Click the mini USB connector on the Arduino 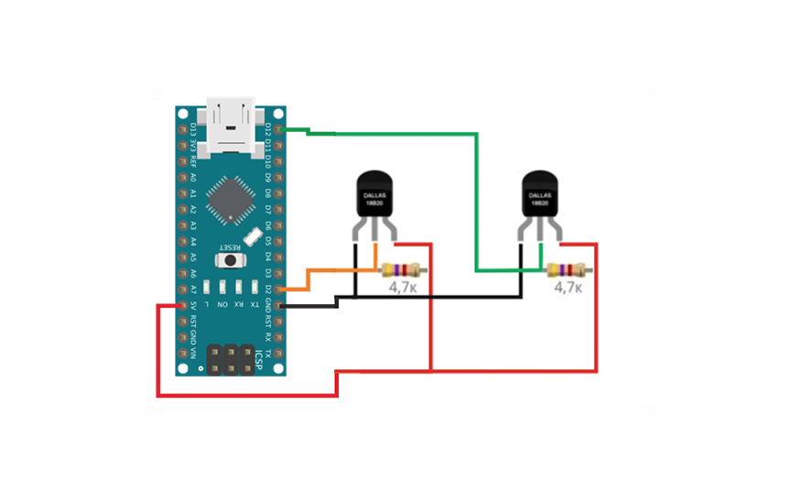[x=230, y=125]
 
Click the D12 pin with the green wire [x=278, y=130]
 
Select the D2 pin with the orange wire [x=278, y=289]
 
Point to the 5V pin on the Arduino [x=183, y=305]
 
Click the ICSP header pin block [x=231, y=358]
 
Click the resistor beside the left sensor [x=402, y=270]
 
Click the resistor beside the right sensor [x=568, y=270]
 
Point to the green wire [x=476, y=202]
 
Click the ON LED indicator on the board [x=223, y=286]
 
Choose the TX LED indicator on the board [x=254, y=286]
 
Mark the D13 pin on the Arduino [x=183, y=130]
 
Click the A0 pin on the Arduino [x=183, y=178]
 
